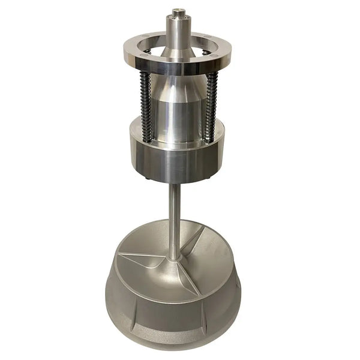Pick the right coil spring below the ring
tap(209, 105)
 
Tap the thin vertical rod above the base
tap(174, 216)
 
